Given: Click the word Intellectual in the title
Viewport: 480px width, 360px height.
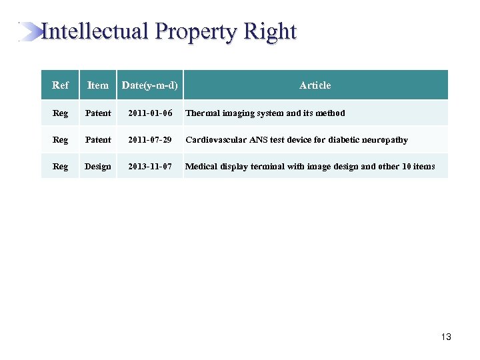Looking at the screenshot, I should pyautogui.click(x=94, y=31).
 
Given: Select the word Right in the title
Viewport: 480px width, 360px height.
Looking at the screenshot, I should pyautogui.click(x=270, y=31).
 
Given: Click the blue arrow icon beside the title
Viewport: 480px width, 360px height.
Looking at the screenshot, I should pyautogui.click(x=30, y=31).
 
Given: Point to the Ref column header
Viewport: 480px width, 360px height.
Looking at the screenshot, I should pyautogui.click(x=60, y=85).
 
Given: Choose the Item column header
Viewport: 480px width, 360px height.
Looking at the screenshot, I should pyautogui.click(x=98, y=85).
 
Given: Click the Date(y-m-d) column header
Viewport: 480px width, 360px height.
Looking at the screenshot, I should pyautogui.click(x=150, y=85).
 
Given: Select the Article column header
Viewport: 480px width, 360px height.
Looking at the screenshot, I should pyautogui.click(x=315, y=85).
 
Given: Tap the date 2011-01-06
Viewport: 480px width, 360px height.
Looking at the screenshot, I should pyautogui.click(x=151, y=113).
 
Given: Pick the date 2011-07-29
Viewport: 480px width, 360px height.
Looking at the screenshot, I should pyautogui.click(x=151, y=140).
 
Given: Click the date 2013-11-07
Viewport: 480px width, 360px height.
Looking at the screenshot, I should pyautogui.click(x=151, y=167).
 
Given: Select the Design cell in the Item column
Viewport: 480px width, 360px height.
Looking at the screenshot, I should pyautogui.click(x=98, y=167).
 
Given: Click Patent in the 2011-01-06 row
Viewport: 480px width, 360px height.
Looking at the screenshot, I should pyautogui.click(x=98, y=113).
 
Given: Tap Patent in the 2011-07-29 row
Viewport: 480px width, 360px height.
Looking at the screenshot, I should pyautogui.click(x=98, y=140).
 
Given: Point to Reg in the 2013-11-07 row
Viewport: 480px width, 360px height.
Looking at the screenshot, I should pyautogui.click(x=60, y=167).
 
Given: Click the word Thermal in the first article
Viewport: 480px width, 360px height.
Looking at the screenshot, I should pyautogui.click(x=201, y=113).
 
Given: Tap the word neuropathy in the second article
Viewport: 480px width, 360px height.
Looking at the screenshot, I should pyautogui.click(x=384, y=140).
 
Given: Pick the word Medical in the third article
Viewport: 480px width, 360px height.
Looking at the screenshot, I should pyautogui.click(x=201, y=167).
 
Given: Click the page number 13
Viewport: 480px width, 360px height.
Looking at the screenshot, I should pyautogui.click(x=446, y=337).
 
